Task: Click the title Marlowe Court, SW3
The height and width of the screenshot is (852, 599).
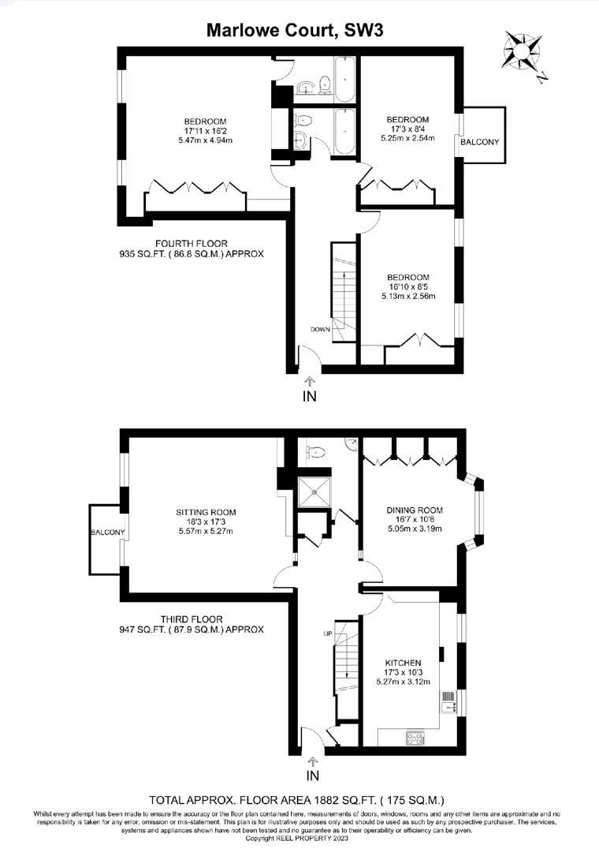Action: [x=295, y=31]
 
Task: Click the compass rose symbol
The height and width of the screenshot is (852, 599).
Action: [x=522, y=51]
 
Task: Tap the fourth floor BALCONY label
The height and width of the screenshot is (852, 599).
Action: [x=480, y=142]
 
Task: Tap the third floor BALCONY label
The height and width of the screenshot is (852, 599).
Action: [x=106, y=533]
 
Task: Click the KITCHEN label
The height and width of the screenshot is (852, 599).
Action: [x=402, y=662]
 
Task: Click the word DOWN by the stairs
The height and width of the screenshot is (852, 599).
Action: [x=319, y=329]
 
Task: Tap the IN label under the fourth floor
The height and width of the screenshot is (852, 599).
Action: [x=310, y=397]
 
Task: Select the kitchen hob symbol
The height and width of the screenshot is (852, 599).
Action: [x=414, y=738]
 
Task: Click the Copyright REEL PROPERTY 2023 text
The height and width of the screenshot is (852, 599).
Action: [x=299, y=838]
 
